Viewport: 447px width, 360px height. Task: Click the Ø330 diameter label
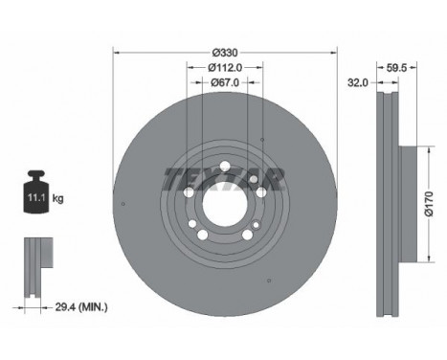[x=225, y=52]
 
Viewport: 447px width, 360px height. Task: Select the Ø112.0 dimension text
[x=225, y=67]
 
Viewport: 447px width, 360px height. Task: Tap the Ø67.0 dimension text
[x=225, y=82]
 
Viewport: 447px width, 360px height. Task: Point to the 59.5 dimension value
[x=396, y=68]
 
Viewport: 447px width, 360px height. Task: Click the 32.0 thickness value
[x=357, y=83]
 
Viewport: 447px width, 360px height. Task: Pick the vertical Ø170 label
[x=429, y=204]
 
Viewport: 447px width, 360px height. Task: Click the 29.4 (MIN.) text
[x=81, y=307]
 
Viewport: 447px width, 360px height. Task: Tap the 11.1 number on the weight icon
[x=35, y=198]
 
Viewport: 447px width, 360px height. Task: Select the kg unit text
[x=57, y=198]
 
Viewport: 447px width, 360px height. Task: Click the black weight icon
[x=36, y=191]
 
